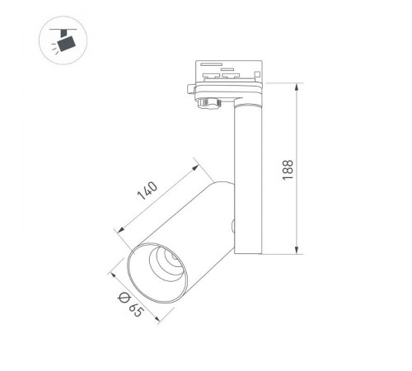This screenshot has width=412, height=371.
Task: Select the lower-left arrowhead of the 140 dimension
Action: (x=122, y=232)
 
